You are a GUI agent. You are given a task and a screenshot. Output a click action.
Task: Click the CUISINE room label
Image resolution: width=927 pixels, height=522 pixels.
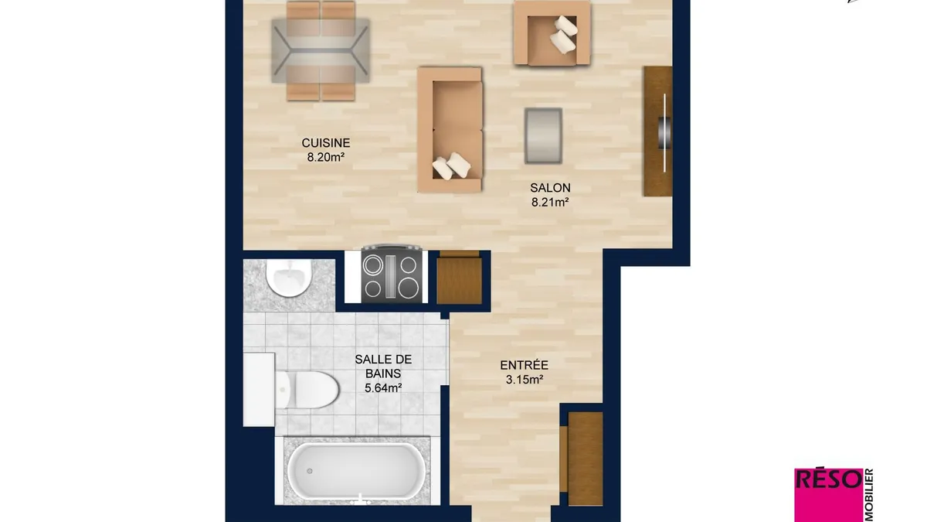tap(326, 143)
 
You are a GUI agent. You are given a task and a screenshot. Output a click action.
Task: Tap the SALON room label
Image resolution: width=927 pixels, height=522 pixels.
tap(550, 188)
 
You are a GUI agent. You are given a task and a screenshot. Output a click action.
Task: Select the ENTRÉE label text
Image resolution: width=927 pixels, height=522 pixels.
tap(524, 365)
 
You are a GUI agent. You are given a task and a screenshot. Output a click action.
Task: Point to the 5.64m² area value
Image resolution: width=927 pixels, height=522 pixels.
tap(383, 387)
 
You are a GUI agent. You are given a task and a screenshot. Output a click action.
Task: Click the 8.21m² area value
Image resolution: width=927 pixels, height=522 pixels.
tap(550, 202)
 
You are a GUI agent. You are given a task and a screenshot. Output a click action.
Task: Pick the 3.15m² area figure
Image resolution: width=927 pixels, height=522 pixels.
tap(525, 380)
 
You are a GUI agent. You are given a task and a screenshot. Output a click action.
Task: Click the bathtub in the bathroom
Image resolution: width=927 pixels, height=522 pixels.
tap(356, 472)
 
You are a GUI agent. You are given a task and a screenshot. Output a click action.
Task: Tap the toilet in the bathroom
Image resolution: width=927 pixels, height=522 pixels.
tap(307, 390)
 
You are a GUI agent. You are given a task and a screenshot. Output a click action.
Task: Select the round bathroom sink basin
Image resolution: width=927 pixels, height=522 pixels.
tap(288, 278)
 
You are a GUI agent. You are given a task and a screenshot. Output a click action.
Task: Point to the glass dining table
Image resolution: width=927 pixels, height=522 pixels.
tap(321, 50)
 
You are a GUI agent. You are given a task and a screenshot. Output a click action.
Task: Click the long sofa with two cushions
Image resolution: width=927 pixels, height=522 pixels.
tap(450, 130)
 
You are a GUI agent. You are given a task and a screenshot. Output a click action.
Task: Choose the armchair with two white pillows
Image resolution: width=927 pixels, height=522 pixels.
tap(552, 33)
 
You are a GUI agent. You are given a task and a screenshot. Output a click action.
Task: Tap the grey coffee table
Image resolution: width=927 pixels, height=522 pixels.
tap(543, 136)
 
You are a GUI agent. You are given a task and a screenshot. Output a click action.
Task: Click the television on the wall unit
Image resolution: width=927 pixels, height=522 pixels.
tap(664, 132)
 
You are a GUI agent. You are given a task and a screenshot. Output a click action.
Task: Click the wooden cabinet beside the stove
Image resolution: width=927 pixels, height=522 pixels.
tap(459, 278)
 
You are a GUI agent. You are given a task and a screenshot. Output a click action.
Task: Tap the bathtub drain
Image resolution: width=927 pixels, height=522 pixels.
tap(310, 471)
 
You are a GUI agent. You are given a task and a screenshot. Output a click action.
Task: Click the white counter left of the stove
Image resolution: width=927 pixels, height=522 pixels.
tap(353, 277)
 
